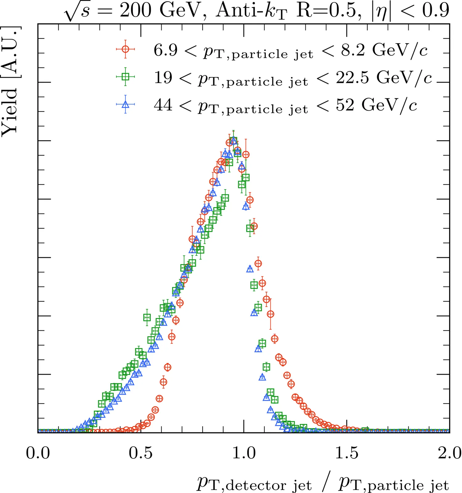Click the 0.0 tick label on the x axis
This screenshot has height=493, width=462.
pos(38,453)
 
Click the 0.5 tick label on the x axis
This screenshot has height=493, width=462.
pos(141,453)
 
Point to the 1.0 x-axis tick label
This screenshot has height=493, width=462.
pos(244,453)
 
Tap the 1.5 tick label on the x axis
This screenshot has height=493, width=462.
pos(347,453)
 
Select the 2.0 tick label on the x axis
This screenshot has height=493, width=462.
pos(449,453)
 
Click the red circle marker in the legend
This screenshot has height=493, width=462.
pos(126,49)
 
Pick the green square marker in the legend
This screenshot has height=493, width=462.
pos(126,76)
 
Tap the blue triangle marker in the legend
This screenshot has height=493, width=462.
pos(126,104)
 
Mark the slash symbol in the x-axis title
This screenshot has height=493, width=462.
pos(325,484)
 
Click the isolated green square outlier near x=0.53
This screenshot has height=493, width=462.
pos(147,317)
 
